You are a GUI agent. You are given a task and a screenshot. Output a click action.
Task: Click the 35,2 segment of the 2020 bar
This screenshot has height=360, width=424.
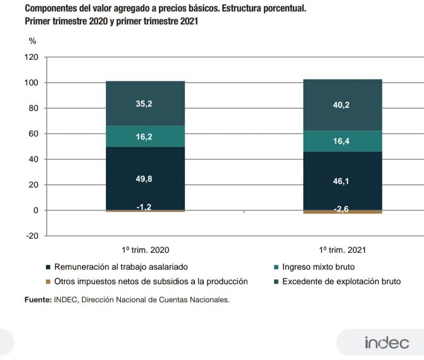(145, 104)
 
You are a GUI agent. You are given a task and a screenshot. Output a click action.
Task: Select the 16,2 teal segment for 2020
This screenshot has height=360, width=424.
(145, 136)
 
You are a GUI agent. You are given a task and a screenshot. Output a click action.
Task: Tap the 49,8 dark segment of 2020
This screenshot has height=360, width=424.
(145, 179)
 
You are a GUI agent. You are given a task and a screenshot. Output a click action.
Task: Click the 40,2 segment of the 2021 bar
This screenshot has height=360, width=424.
(342, 105)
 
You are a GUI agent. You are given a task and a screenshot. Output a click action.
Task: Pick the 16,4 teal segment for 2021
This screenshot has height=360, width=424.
(342, 141)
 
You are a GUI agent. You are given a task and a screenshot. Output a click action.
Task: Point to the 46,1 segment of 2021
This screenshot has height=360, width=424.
(342, 181)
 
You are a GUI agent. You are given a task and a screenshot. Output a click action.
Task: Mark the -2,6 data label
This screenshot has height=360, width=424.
(342, 210)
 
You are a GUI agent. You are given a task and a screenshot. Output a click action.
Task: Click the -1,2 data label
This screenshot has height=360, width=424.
(144, 207)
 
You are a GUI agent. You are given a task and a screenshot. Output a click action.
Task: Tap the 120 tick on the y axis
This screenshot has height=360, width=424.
(31, 57)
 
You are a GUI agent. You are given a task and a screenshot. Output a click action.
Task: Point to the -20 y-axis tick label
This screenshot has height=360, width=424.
(31, 236)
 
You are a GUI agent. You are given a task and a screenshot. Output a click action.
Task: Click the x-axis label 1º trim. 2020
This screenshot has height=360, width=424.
(145, 250)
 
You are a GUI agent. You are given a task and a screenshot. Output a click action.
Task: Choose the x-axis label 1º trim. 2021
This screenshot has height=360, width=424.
(342, 250)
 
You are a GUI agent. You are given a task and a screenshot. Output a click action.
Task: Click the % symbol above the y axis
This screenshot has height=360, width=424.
(32, 41)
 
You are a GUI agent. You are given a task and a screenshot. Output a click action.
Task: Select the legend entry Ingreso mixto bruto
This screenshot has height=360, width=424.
(318, 267)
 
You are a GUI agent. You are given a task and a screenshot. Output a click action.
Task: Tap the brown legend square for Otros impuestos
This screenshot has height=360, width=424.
(48, 282)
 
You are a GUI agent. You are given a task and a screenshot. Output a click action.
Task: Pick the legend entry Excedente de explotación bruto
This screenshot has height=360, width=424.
(341, 282)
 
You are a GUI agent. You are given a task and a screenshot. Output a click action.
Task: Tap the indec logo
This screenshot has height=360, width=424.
(387, 343)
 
